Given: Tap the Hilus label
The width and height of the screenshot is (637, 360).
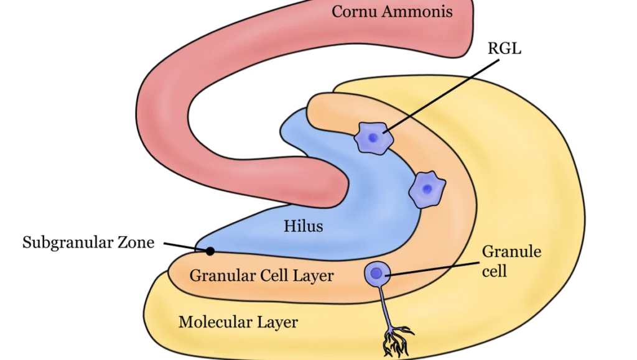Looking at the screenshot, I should (x=304, y=226).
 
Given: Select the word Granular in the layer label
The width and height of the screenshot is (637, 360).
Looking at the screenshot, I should (x=221, y=275).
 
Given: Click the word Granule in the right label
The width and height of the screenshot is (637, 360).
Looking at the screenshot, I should (x=512, y=252).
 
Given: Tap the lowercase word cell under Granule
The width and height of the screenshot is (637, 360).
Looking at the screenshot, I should (x=495, y=272).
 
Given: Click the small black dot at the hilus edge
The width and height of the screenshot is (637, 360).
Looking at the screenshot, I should (x=210, y=251).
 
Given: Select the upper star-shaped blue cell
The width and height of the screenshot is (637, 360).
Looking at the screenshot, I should (x=373, y=138).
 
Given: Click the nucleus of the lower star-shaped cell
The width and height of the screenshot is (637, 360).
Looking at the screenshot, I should (x=427, y=190).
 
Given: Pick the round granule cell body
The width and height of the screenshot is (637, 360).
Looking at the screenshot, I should (x=377, y=273).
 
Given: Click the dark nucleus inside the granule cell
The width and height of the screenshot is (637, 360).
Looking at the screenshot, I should (x=376, y=272).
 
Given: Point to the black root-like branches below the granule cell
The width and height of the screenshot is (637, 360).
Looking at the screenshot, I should (x=396, y=338).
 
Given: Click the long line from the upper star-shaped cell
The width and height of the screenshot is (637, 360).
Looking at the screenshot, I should (x=429, y=106).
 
